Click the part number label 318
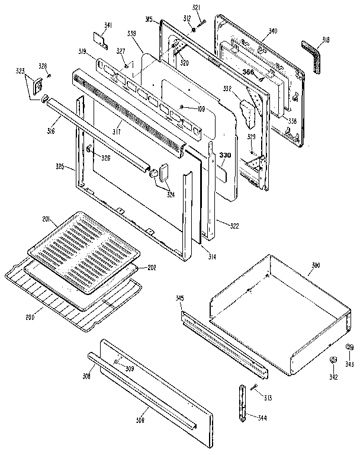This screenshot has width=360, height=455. click(x=326, y=40)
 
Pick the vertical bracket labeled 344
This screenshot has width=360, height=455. click(x=242, y=403)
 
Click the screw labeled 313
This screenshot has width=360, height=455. click(x=254, y=388)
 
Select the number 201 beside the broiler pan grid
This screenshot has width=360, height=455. click(x=47, y=220)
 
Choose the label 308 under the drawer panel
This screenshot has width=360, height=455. click(x=140, y=421)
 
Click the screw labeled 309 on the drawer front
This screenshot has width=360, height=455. click(x=117, y=361)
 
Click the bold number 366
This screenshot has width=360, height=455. click(x=249, y=71)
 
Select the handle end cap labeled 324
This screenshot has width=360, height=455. click(x=156, y=174)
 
